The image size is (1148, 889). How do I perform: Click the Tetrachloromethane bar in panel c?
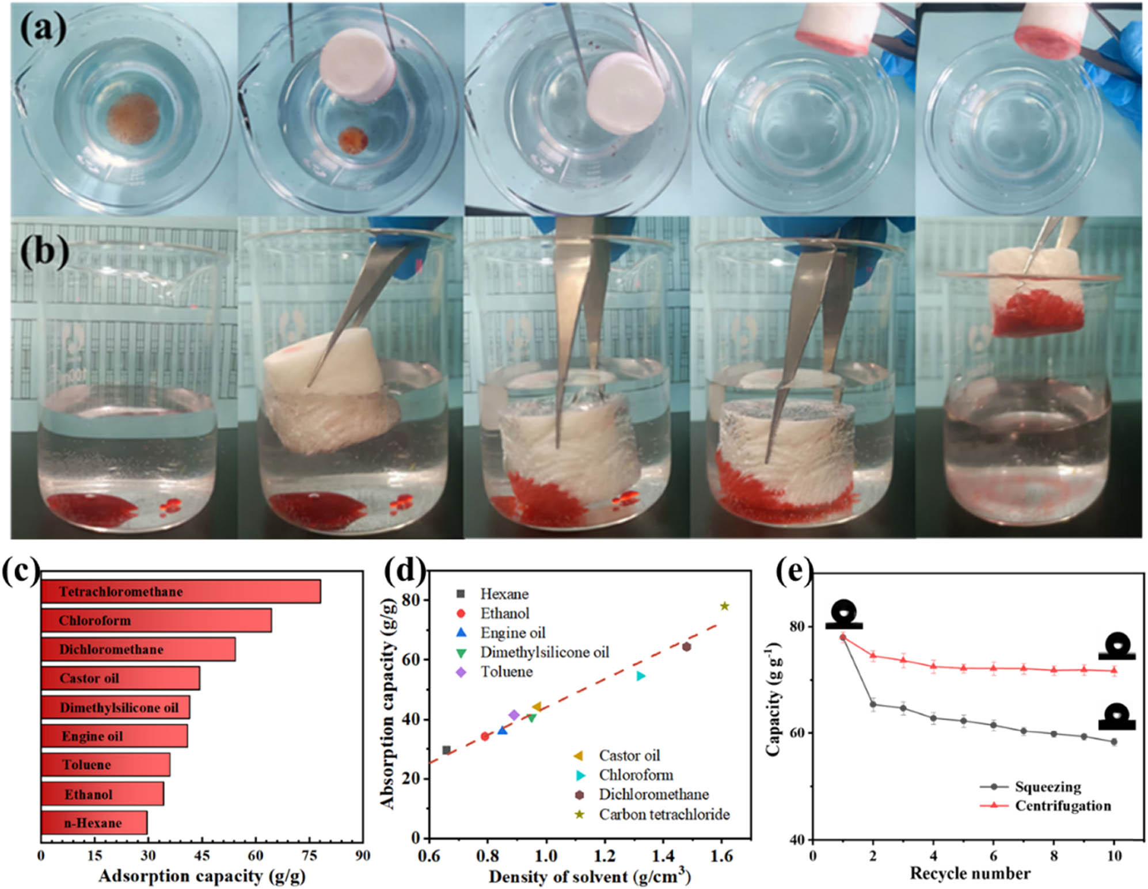coord(180,592)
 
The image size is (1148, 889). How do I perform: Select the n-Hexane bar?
coord(94,823)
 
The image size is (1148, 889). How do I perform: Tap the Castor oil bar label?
coord(89,678)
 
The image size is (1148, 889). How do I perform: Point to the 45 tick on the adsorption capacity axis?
coord(202,856)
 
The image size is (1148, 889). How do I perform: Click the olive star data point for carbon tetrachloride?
coord(724,606)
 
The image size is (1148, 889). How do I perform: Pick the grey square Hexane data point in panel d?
coord(446,750)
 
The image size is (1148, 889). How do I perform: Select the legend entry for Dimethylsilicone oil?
coord(544,653)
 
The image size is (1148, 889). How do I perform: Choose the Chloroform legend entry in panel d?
coord(636,775)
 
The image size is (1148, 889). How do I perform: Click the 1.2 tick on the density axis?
coord(605,856)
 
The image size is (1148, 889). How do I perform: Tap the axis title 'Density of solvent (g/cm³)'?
coord(590,876)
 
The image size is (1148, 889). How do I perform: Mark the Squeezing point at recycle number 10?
coord(1113,742)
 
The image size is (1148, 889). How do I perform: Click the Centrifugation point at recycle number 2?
coord(873,655)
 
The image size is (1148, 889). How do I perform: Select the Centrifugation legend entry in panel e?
coord(1062,806)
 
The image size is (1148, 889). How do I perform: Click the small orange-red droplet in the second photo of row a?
coord(353,140)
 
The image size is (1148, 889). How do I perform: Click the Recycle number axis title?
coord(970,873)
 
